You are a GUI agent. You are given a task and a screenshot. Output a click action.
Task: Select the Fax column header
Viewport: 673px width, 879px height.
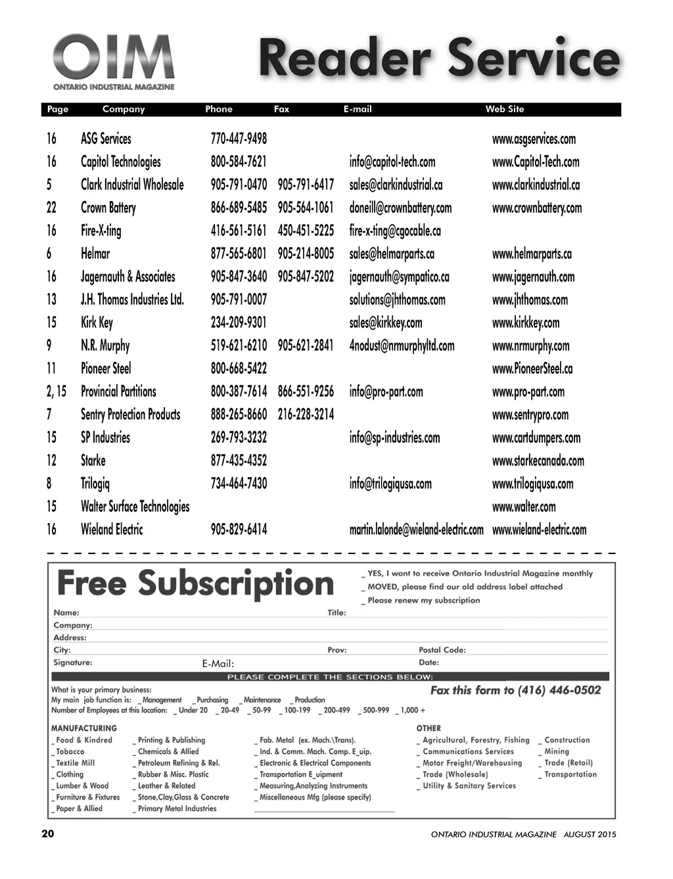281,110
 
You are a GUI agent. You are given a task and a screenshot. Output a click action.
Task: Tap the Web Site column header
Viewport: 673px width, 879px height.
505,110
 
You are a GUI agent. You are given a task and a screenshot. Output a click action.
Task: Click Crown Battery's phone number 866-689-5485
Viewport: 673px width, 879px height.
239,208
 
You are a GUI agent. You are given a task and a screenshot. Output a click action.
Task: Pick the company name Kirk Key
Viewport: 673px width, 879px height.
97,323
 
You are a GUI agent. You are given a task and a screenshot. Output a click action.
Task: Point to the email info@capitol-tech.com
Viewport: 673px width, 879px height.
392,162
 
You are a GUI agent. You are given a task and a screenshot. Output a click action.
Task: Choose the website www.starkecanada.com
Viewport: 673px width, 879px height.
538,461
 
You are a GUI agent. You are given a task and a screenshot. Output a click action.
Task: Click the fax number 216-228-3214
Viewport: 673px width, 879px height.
306,415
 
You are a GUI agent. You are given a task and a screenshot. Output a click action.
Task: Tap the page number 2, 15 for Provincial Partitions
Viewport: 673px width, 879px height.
56,392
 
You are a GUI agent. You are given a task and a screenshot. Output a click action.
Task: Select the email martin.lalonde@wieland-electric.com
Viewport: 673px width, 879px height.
416,530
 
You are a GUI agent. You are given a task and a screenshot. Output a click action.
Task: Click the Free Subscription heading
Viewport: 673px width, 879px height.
195,584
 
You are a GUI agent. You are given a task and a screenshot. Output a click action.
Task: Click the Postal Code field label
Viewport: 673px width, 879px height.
442,650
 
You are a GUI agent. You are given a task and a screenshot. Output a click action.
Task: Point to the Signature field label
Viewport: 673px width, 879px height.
73,662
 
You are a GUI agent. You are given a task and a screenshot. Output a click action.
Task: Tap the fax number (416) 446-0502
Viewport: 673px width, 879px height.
559,690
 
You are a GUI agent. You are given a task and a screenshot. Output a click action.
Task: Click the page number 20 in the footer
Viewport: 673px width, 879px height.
48,834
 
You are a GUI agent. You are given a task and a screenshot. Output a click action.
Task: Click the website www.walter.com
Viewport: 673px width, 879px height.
523,507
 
